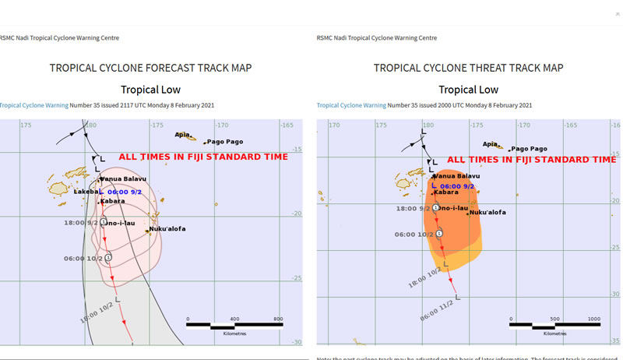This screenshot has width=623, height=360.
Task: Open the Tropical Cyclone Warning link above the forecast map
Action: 33,104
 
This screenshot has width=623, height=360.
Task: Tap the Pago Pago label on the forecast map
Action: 224,142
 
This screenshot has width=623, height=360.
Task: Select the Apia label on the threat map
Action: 490,143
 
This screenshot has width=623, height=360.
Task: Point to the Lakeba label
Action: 86,191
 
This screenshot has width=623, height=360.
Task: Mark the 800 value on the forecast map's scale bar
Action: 278,319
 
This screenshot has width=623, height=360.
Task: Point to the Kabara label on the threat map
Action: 446,192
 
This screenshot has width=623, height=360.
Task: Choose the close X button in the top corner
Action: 618,13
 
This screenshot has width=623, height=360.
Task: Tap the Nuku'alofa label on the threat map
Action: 488,212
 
